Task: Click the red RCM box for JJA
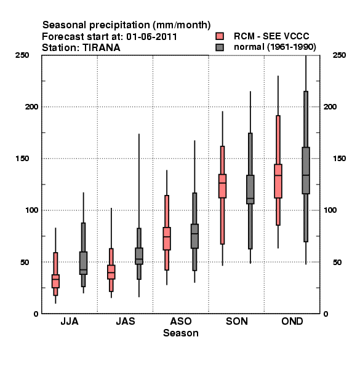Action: [55, 281]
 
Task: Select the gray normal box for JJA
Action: [83, 263]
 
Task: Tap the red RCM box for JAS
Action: [111, 272]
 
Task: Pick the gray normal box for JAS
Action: [139, 256]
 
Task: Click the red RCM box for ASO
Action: [167, 239]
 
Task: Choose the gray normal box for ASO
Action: [194, 236]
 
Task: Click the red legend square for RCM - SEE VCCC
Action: [220, 36]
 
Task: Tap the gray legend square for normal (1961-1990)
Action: [220, 47]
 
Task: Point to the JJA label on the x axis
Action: [70, 321]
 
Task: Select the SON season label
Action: [237, 321]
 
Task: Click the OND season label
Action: [292, 321]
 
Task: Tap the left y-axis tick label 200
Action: [31, 106]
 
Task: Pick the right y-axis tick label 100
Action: [330, 210]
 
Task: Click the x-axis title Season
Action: [180, 333]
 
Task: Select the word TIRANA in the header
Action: [102, 48]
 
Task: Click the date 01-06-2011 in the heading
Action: [151, 36]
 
